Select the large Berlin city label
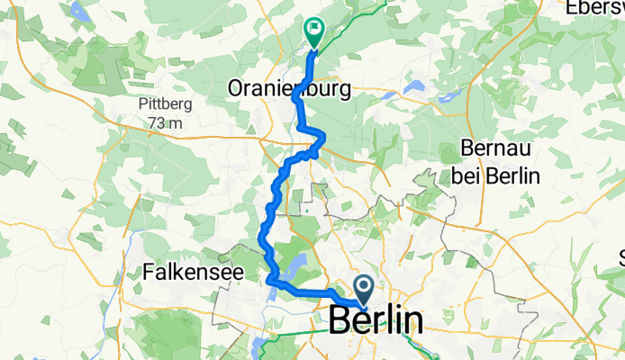click(x=376, y=321)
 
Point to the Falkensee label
click(x=186, y=269)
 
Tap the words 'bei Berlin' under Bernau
click(x=497, y=175)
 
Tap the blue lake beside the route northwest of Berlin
click(x=295, y=266)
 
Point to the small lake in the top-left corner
click(x=77, y=12)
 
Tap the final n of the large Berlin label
click(x=412, y=321)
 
